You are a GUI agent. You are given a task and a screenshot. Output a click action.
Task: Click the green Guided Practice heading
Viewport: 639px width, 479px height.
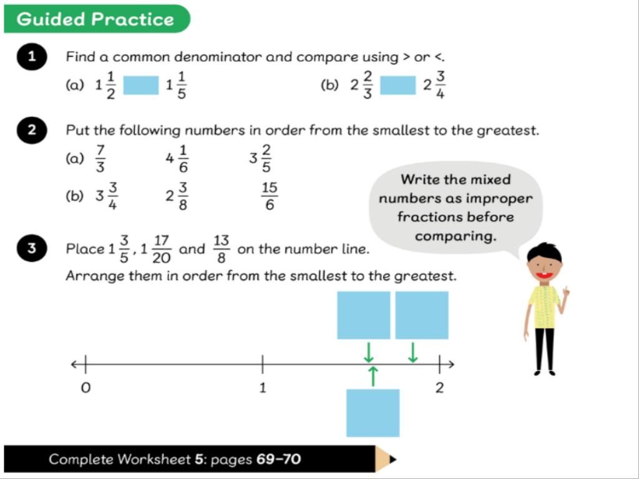click(97, 19)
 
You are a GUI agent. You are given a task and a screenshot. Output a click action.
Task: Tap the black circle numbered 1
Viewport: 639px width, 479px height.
click(32, 57)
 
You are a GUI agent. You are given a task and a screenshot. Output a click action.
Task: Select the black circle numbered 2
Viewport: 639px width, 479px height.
click(32, 130)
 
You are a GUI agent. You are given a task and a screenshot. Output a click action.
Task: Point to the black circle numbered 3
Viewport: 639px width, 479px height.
click(32, 248)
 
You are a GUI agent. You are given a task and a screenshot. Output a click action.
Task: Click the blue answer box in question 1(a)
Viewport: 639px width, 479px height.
click(141, 85)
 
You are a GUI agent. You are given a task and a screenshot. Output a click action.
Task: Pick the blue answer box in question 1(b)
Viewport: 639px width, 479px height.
click(398, 85)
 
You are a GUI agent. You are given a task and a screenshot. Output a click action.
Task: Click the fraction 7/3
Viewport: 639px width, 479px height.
click(100, 158)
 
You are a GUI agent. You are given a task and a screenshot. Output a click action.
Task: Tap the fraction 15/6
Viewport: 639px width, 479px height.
click(270, 196)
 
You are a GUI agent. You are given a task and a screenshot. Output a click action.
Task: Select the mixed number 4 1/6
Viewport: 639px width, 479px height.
click(177, 158)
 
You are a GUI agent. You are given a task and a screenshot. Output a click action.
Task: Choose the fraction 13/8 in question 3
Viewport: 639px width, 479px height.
click(222, 249)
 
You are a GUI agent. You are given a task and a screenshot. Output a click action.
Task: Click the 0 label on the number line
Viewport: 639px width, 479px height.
click(85, 388)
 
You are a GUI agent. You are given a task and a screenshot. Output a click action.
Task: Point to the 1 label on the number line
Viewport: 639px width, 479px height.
click(263, 388)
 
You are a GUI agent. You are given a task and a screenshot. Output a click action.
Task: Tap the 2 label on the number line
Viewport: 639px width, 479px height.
click(439, 388)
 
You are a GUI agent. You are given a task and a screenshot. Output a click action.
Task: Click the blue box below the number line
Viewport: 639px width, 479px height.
click(373, 413)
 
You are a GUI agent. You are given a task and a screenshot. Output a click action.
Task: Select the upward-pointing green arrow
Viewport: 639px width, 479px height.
click(373, 376)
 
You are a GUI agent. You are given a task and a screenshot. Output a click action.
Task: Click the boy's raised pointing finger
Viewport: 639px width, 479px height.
click(566, 291)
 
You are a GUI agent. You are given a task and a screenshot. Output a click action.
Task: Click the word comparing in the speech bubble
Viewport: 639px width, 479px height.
click(456, 236)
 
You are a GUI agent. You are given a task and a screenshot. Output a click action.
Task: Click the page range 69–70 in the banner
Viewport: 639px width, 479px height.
click(279, 460)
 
